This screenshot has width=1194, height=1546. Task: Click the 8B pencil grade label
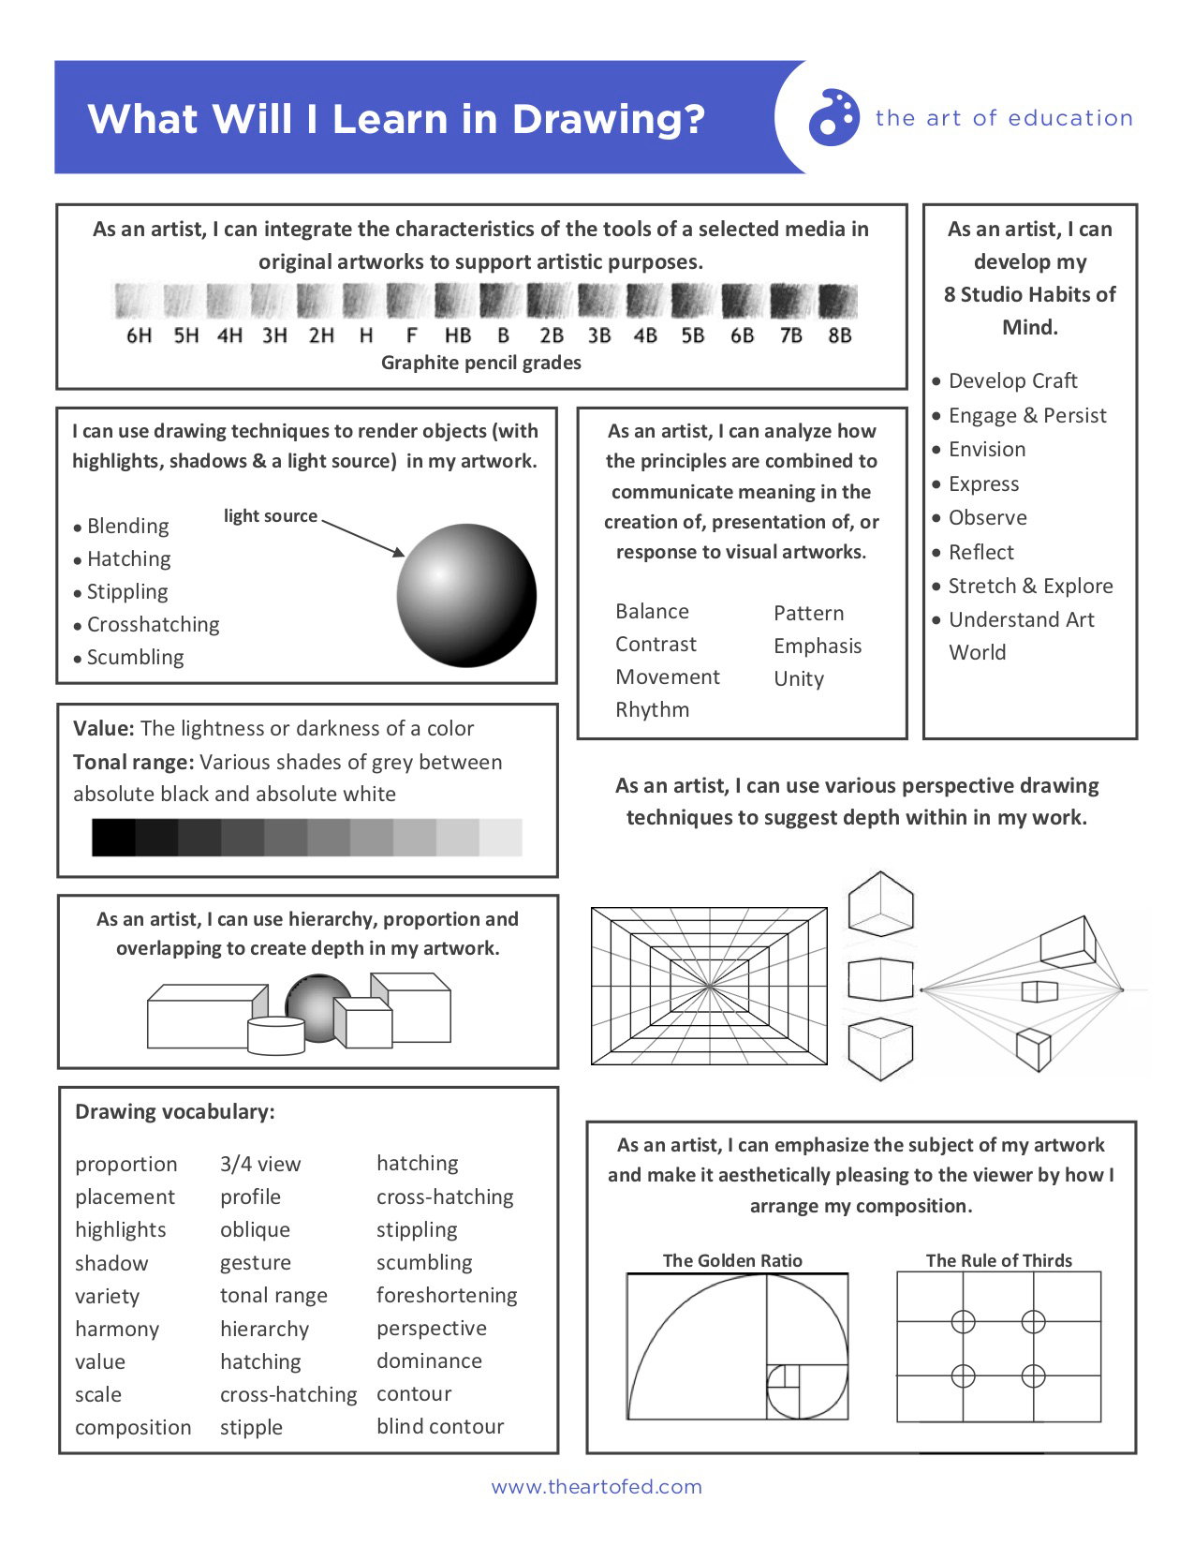840,334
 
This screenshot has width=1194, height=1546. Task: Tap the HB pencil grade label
458,334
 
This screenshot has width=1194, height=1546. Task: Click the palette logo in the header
833,118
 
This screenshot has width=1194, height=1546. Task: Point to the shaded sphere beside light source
466,595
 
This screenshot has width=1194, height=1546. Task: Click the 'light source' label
271,516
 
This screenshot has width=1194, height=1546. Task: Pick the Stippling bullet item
127,592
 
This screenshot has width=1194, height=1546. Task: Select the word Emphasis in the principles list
818,646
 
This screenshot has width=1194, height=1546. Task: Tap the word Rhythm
653,709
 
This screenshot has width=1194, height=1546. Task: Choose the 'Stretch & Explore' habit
1030,586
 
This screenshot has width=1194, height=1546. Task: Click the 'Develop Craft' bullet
1012,380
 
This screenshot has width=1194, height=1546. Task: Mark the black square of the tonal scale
113,837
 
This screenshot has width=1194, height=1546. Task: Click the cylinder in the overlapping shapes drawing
275,1035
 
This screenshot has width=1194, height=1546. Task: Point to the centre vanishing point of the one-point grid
709,986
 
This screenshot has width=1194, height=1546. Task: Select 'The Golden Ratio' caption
732,1260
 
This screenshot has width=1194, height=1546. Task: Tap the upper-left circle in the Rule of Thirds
963,1321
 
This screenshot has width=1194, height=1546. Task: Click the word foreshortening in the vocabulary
447,1295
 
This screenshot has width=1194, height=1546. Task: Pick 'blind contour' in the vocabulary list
440,1426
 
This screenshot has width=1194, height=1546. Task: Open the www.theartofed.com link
597,1487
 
